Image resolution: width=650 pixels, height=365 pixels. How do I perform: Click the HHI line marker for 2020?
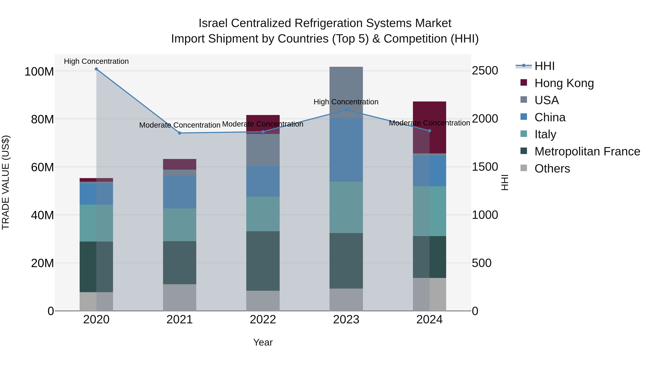click(x=96, y=69)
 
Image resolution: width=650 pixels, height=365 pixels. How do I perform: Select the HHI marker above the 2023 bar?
click(x=346, y=110)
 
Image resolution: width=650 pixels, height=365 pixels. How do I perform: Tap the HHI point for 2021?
click(x=180, y=133)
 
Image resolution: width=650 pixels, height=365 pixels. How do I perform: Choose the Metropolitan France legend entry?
click(x=587, y=151)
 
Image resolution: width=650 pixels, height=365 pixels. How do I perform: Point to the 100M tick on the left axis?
click(x=39, y=72)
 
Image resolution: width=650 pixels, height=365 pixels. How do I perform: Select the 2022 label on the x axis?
click(x=263, y=320)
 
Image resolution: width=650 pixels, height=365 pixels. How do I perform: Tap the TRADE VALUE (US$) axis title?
click(x=6, y=182)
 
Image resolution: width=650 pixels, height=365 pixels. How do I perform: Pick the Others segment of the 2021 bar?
click(x=180, y=297)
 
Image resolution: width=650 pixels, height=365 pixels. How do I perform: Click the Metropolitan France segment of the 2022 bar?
click(x=263, y=261)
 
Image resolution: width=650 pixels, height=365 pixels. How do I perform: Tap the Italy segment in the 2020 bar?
click(x=96, y=223)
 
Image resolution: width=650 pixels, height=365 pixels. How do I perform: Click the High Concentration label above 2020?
click(x=96, y=61)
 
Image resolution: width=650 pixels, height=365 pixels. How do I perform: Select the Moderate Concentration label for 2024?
click(x=430, y=123)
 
